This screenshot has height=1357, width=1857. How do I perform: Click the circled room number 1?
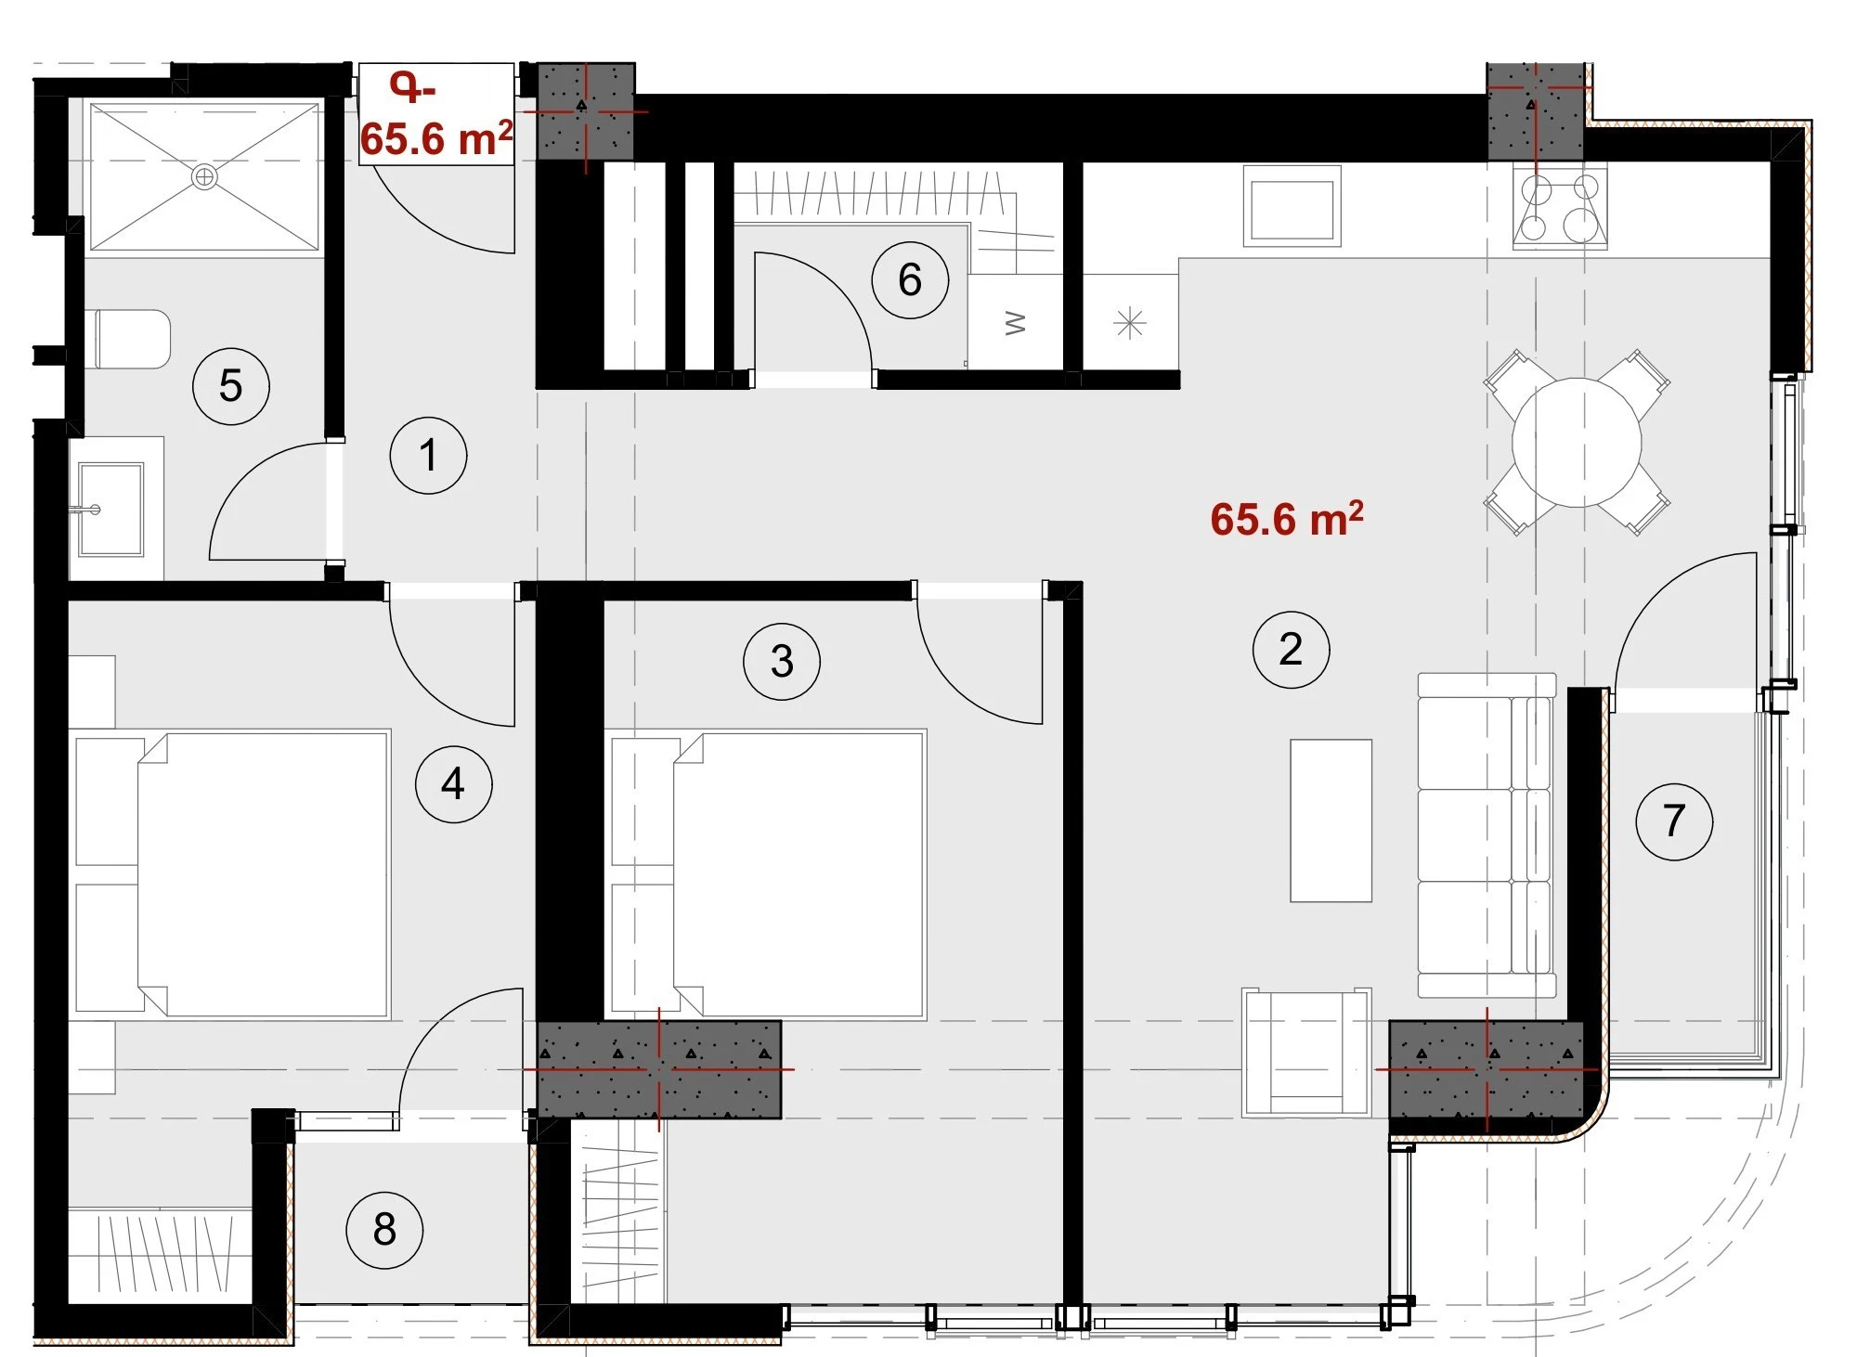428,456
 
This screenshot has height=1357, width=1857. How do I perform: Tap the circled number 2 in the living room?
1291,649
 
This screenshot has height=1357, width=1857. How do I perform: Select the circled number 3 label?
782,661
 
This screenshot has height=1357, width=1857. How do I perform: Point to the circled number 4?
453,783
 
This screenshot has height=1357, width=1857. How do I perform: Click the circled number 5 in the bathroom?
231,385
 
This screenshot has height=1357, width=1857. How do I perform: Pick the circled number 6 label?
910,279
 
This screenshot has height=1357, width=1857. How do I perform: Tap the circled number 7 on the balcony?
1674,821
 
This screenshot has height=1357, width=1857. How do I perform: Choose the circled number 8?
384,1229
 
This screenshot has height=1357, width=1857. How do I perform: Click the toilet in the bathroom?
133,339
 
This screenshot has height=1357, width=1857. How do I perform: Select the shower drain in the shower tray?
204,176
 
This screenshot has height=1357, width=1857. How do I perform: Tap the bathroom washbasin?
111,510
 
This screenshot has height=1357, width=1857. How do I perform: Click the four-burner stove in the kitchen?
1560,206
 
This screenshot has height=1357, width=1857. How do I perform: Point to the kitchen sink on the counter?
1292,206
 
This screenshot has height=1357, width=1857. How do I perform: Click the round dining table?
1577,443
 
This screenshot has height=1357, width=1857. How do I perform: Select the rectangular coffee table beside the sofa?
1331,821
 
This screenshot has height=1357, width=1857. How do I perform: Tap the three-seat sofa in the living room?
1487,835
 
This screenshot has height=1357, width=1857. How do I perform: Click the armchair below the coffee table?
1306,1052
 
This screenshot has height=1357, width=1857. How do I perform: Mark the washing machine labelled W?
1016,322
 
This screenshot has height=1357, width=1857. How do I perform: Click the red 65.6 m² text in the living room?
1287,520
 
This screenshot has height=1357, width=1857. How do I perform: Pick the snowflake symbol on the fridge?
1129,323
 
